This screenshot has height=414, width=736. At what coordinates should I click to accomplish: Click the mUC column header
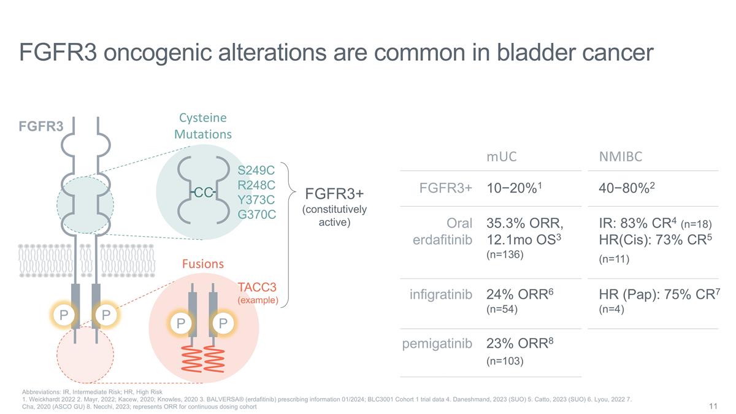point(501,156)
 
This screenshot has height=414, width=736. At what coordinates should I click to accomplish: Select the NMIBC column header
point(620,156)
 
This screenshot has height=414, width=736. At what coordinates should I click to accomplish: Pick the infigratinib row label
point(440,295)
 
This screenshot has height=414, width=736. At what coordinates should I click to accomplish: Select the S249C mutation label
point(256,169)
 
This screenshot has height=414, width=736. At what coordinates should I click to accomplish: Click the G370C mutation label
point(256,215)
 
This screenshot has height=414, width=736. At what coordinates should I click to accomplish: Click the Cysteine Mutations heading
point(202,125)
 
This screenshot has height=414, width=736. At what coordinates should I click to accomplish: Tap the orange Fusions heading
point(202,264)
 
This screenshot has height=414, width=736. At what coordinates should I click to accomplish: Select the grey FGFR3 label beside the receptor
point(40,126)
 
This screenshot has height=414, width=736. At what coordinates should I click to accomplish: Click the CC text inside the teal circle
point(202,193)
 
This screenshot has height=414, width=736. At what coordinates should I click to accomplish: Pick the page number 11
point(713,406)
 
